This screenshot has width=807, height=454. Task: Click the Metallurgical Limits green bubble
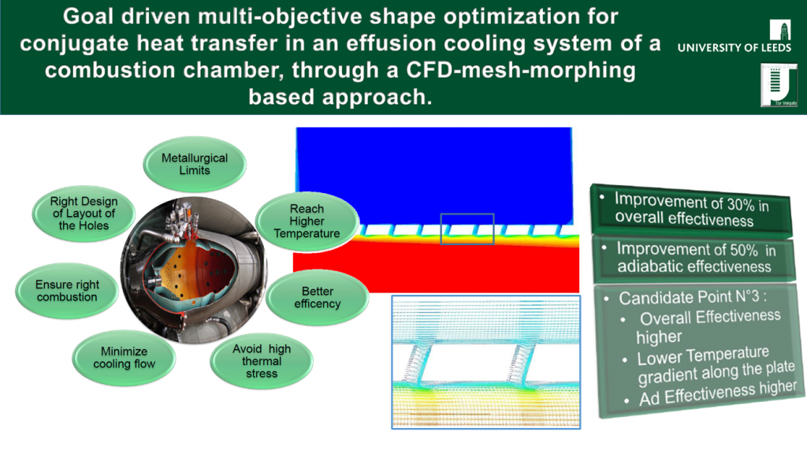point(195,164)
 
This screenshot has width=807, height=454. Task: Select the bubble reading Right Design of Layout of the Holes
point(84,214)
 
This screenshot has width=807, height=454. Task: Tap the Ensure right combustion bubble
point(67,291)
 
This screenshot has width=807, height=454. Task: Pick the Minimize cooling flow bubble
point(124,358)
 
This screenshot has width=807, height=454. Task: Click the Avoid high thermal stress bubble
point(262,361)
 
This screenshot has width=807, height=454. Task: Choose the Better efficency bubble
point(318,297)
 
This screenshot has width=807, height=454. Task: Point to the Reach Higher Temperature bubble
point(307,221)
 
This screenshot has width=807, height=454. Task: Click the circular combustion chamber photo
point(194,270)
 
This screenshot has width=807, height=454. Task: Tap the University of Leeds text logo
point(734,48)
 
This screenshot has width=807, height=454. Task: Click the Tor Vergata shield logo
point(779,85)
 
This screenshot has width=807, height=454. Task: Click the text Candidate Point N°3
point(693,297)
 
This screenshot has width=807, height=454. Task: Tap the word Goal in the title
point(88,17)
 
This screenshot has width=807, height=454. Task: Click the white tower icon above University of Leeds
point(781,30)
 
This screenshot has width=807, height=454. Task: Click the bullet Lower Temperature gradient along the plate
point(716,366)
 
